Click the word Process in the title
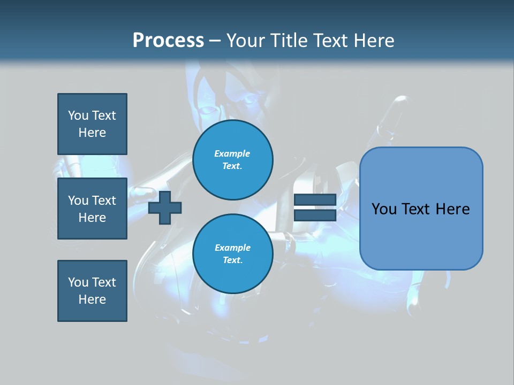point(168,41)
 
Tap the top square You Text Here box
point(92,124)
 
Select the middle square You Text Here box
point(92,209)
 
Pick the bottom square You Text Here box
point(92,291)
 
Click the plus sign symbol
point(165,208)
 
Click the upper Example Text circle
point(233,160)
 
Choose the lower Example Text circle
point(233,254)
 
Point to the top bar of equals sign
point(315,200)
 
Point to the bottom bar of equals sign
point(315,215)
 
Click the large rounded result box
point(421,235)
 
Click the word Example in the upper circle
point(232,153)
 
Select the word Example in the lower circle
point(232,248)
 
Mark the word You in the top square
point(78,115)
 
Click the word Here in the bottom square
point(92,299)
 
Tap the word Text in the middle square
point(103,201)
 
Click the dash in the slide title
point(215,41)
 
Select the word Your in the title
point(244,41)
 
